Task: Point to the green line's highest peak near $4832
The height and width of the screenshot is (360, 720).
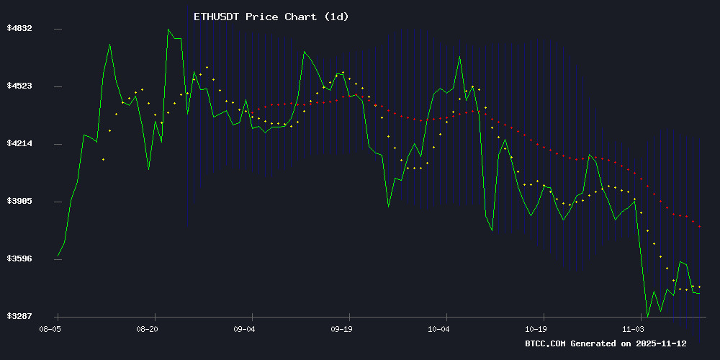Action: (168, 30)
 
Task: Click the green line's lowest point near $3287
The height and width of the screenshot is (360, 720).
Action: (647, 315)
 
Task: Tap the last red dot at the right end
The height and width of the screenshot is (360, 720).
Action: (699, 227)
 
